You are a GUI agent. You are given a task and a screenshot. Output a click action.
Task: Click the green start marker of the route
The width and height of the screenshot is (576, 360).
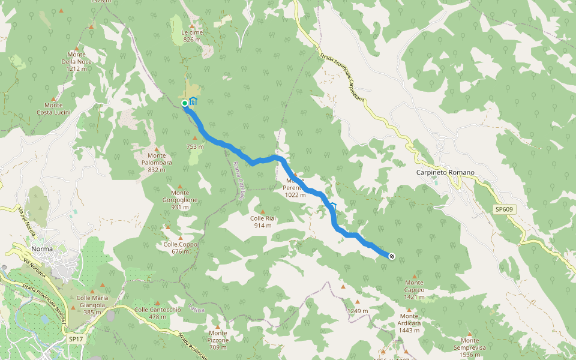coord(185,103)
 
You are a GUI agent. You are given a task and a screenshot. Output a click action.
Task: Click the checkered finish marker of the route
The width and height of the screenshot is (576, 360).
coord(392,256)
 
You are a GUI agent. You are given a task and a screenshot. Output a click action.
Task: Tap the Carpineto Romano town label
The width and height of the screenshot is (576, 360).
coord(445,173)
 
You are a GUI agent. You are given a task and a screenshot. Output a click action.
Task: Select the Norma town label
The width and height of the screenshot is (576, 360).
coord(42,248)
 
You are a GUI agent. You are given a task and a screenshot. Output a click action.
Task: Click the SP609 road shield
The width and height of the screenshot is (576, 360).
coord(504,209)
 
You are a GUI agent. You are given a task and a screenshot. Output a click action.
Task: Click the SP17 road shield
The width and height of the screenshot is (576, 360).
coord(76,339)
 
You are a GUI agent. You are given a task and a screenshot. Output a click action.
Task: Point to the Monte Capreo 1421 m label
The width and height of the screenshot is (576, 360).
coord(414,286)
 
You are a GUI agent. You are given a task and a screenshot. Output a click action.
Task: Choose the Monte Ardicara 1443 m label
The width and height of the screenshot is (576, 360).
coord(409,320)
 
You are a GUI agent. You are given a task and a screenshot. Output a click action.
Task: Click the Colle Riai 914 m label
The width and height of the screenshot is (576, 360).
coord(262,221)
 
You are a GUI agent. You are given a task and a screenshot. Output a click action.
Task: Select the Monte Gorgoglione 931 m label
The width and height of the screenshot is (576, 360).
coord(180,203)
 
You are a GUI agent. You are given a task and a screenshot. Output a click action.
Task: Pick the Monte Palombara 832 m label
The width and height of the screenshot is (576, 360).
coord(156,166)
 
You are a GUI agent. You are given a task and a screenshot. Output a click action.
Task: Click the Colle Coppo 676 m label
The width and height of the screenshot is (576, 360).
coord(180,248)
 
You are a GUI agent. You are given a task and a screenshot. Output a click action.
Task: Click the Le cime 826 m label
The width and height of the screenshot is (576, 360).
coord(192,35)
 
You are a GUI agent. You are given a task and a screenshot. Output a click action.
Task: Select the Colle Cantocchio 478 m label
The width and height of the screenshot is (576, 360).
coord(158,313)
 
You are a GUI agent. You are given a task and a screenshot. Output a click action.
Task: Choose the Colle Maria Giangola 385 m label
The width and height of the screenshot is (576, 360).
coord(92,301)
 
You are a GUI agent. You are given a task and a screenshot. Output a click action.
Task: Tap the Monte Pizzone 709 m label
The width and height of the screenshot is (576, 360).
coord(218,340)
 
